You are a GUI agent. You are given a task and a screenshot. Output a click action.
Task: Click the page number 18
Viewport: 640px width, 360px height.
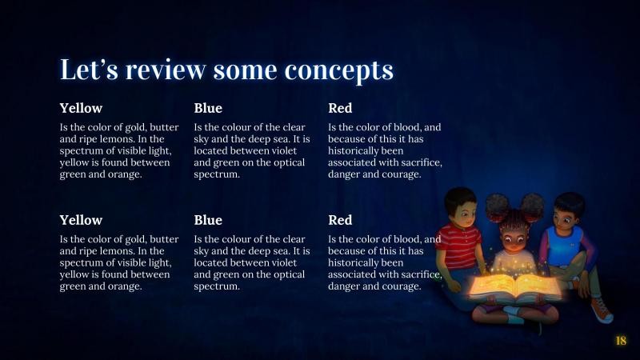[x=621, y=342]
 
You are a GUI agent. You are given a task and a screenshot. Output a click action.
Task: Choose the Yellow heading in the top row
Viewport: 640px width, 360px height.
[x=81, y=108]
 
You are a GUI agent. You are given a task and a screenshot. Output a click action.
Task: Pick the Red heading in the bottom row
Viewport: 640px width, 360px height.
[x=340, y=220]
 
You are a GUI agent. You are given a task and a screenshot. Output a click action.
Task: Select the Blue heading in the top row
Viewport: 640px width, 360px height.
[x=208, y=108]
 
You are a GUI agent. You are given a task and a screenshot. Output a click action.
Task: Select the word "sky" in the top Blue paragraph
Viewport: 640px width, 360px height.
[x=202, y=138]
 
